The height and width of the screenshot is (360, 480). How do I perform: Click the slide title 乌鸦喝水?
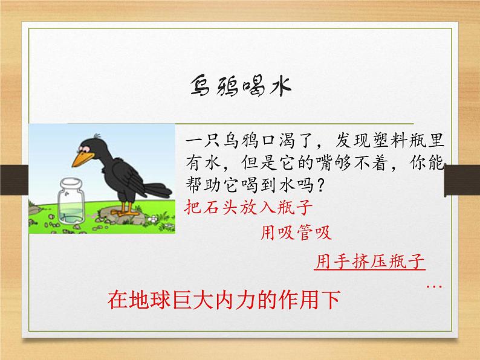[241, 86]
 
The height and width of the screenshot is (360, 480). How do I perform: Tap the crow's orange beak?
[83, 159]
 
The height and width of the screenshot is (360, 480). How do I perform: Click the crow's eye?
[84, 149]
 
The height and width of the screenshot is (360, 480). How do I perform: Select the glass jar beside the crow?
[71, 202]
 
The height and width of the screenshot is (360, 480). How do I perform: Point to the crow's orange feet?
[126, 211]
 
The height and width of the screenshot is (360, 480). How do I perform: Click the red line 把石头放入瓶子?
[248, 207]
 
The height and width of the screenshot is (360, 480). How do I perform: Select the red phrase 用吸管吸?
[296, 233]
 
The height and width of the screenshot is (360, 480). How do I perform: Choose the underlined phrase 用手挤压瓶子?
[370, 262]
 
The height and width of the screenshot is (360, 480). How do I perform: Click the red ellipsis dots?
[434, 286]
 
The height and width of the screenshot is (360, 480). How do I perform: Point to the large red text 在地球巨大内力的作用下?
[224, 300]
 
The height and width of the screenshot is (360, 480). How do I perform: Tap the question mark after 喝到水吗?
[320, 185]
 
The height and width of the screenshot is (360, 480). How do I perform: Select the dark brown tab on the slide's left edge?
[14, 180]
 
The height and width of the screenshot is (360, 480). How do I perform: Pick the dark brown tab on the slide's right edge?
[462, 181]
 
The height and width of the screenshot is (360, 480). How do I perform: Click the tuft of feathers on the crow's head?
[97, 135]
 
